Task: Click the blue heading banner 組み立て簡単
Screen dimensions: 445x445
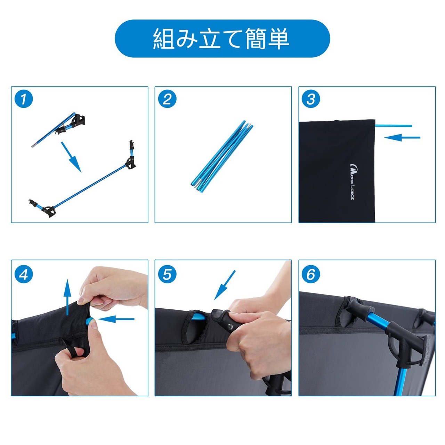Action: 222,39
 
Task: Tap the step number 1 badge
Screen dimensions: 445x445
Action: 24,99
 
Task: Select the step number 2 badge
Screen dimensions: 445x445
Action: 167,99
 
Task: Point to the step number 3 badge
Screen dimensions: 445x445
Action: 311,99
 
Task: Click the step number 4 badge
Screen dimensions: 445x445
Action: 24,275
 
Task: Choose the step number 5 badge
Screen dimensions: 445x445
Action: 167,275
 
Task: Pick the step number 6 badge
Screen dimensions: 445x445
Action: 311,275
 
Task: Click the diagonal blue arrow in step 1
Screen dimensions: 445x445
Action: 71,157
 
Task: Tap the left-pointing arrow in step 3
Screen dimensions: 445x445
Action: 402,138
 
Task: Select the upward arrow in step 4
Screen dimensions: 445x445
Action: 67,297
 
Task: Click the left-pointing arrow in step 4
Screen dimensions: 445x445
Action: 116,319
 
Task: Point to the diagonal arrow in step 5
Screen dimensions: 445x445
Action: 225,285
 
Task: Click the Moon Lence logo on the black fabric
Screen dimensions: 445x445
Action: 351,182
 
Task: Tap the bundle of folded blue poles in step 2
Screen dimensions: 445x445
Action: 222,156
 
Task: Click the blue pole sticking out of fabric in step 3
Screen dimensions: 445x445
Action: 394,126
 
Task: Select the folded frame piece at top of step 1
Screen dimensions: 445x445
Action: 58,130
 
